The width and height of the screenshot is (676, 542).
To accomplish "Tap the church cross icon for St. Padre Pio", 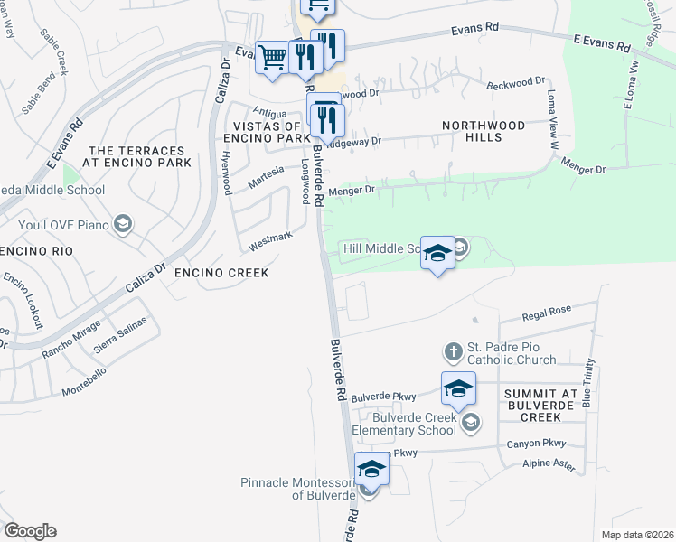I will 454,350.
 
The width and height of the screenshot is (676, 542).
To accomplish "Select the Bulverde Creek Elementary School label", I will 405,424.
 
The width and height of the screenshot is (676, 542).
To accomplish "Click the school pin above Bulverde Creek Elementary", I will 458,388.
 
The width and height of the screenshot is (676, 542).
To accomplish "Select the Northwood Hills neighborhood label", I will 484,131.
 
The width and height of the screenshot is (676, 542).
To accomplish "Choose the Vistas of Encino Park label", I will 267,133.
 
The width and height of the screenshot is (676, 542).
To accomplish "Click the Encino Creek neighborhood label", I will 221,272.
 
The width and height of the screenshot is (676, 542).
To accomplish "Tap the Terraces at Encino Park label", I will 137,156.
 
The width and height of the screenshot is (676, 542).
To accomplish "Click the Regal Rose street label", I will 547,311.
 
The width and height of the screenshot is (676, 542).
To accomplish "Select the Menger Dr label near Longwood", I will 351,191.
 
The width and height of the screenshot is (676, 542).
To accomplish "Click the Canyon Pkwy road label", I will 535,444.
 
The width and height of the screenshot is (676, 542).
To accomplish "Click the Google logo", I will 30,531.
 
